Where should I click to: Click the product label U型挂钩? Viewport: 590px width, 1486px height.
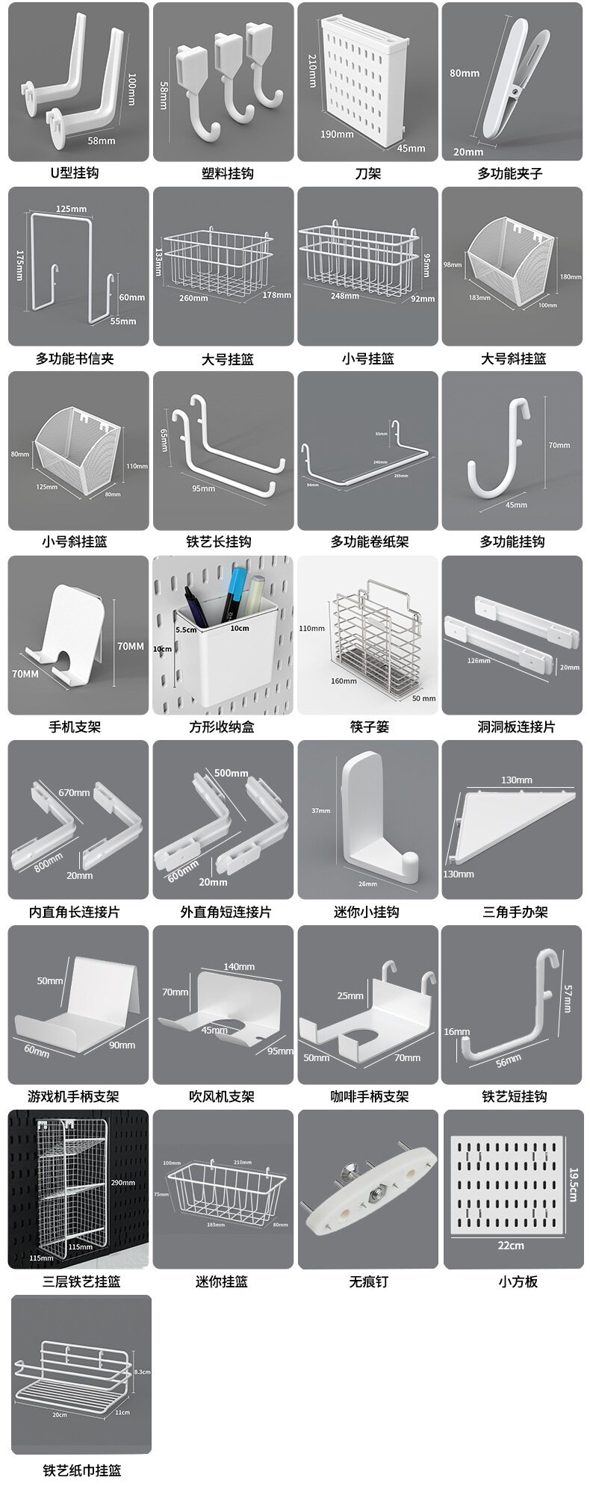[75, 173]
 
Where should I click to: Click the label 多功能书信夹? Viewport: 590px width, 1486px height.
[75, 358]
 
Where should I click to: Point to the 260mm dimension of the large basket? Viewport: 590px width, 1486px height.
[193, 299]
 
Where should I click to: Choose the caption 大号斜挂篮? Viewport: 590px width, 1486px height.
[513, 358]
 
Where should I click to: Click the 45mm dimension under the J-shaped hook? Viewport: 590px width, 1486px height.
[516, 505]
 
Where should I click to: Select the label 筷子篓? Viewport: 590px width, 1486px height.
[369, 727]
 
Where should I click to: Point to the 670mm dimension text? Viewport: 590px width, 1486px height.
[75, 792]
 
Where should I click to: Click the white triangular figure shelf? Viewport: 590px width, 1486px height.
[508, 825]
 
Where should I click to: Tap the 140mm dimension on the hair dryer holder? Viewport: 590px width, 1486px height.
[239, 966]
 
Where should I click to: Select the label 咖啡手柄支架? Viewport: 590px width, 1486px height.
[370, 1097]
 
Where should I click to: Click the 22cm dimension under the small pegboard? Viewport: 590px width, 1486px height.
[511, 1246]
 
